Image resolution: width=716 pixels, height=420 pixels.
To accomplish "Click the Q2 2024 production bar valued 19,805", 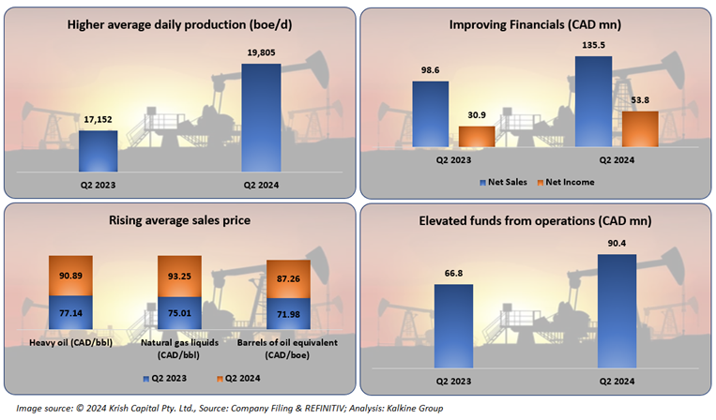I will [261, 118].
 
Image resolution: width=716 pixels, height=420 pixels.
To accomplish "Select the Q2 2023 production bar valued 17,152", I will [98, 151].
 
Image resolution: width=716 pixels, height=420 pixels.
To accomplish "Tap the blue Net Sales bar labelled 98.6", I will [431, 114].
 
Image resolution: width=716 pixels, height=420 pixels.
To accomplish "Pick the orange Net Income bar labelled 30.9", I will [477, 137].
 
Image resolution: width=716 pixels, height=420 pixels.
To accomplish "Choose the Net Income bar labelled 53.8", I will [640, 129].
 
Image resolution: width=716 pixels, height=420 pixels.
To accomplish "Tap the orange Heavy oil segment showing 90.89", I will [70, 276].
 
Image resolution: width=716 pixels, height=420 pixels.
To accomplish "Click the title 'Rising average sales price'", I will [179, 221].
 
